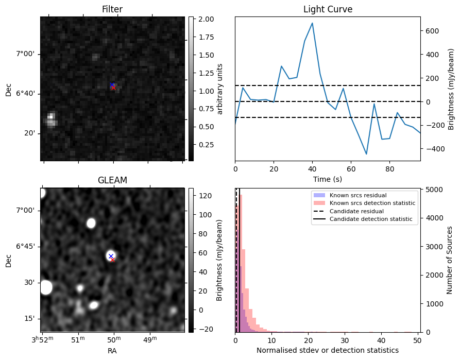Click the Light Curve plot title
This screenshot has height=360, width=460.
(x=328, y=9)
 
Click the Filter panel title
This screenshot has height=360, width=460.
(x=112, y=9)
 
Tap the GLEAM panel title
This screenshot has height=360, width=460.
(x=112, y=180)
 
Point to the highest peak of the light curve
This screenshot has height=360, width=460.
(x=312, y=23)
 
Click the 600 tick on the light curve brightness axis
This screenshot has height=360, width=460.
(x=432, y=31)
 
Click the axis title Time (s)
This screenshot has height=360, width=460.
(x=328, y=179)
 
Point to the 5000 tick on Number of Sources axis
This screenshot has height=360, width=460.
(x=432, y=190)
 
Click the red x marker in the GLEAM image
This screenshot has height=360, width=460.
(x=113, y=260)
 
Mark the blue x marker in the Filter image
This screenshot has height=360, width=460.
(x=112, y=84)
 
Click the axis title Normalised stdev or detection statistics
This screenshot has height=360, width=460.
(x=328, y=350)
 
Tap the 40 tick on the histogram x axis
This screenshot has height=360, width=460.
(x=381, y=340)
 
